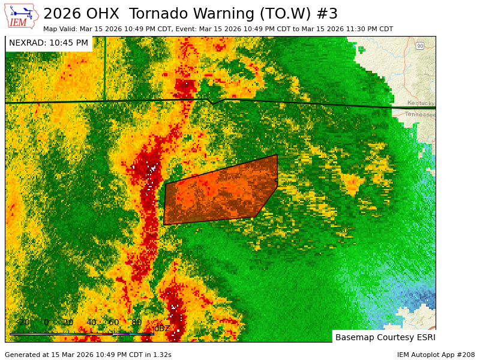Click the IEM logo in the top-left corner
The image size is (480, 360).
[x=21, y=16]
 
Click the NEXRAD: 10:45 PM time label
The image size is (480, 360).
[x=49, y=43]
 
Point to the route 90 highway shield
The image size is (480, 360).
[x=420, y=46]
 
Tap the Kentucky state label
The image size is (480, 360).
[x=420, y=103]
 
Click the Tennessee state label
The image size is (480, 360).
[x=419, y=114]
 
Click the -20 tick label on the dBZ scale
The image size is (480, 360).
[x=23, y=323]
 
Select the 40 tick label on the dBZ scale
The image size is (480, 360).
[x=91, y=323]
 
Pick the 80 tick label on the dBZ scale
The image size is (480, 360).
[x=136, y=323]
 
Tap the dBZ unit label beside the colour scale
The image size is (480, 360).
[x=162, y=328]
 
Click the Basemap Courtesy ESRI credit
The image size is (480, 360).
[x=385, y=337]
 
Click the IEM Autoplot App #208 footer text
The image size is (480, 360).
[x=436, y=355]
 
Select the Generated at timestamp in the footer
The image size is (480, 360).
[x=88, y=355]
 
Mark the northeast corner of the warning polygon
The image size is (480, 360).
[x=277, y=155]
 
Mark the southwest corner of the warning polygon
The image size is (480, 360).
[x=164, y=225]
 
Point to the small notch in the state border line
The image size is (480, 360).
[x=214, y=103]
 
